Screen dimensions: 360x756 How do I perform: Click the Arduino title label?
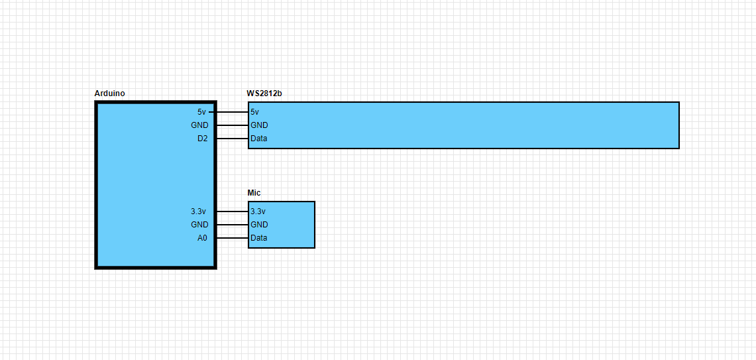click(x=109, y=93)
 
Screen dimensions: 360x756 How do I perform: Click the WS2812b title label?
click(x=264, y=93)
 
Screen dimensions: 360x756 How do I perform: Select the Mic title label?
click(x=254, y=193)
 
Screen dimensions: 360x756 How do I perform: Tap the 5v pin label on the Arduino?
click(x=201, y=112)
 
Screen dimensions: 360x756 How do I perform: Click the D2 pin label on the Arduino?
click(x=202, y=139)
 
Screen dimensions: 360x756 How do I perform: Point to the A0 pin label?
click(x=202, y=238)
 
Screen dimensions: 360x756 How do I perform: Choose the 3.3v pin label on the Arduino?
click(x=199, y=211)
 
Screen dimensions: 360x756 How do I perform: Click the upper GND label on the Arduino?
click(x=199, y=125)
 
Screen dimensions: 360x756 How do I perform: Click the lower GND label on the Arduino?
click(x=199, y=225)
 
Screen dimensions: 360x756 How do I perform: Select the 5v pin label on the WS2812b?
click(x=255, y=112)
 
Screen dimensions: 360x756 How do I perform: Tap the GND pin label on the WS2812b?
click(x=259, y=125)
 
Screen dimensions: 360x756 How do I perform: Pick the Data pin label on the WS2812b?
click(x=259, y=139)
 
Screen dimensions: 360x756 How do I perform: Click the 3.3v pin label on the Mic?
click(x=258, y=211)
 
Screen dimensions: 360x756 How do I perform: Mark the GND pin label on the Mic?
click(x=259, y=225)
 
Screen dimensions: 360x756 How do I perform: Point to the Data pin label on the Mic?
click(x=259, y=238)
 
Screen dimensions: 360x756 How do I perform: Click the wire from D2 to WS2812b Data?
click(x=232, y=139)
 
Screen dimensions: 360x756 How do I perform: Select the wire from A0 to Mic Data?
click(x=232, y=238)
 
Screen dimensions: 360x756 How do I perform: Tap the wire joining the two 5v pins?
click(x=232, y=112)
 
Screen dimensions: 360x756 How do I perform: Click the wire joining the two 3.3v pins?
click(x=232, y=211)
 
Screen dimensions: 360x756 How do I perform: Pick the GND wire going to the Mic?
click(x=232, y=225)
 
